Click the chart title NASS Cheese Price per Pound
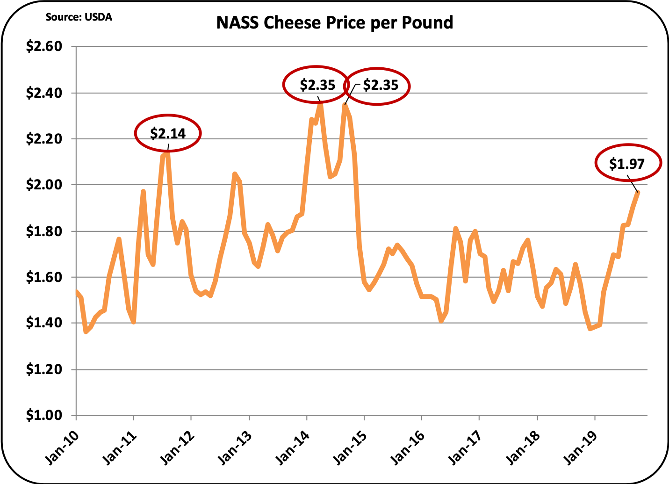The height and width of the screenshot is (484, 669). (334, 22)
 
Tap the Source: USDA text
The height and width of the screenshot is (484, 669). (79, 17)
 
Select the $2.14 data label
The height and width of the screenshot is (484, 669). (168, 134)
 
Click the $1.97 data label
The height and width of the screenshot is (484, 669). (627, 164)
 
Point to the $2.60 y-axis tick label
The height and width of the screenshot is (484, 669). (44, 47)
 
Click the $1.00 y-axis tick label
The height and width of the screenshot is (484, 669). (44, 415)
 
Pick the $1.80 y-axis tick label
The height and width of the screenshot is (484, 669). (44, 231)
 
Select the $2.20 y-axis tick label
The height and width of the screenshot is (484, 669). (44, 139)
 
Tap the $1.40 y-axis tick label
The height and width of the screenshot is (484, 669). (44, 323)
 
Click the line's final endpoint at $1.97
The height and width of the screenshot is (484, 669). (638, 192)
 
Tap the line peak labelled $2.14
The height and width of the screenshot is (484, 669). (167, 152)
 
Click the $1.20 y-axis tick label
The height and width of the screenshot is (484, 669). (44, 369)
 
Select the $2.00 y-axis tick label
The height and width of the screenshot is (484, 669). (44, 185)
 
